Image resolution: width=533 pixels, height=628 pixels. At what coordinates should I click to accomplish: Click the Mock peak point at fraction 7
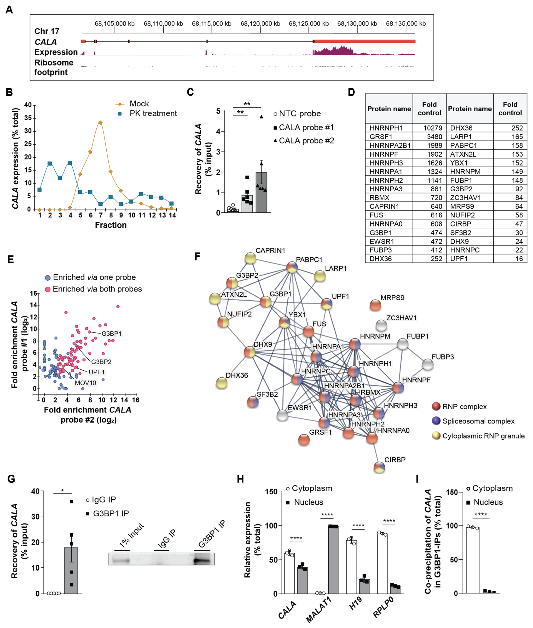[100, 122]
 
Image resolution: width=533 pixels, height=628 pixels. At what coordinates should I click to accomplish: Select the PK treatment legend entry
[153, 113]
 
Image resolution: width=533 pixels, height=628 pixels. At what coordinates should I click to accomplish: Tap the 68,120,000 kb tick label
[260, 24]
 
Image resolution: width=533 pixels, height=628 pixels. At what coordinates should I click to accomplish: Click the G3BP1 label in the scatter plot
[111, 334]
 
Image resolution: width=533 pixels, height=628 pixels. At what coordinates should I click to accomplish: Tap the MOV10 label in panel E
[86, 383]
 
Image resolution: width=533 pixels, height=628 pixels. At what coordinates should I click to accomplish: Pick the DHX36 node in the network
[221, 383]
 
